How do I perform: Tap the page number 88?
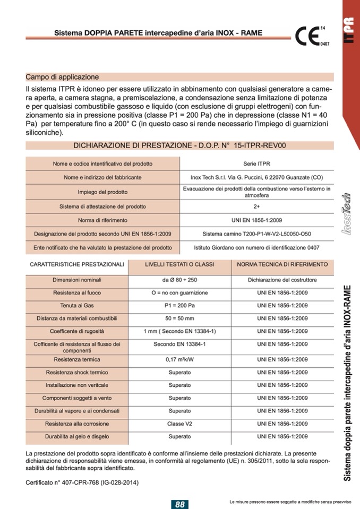coord(180,504)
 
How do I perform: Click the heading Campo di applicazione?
coord(62,77)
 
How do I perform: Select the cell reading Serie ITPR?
coord(256,163)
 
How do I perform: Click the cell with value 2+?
coord(256,206)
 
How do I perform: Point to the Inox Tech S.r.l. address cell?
coord(256,177)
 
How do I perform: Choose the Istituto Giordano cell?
coord(256,247)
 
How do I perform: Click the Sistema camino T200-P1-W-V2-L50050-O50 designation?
coord(256,234)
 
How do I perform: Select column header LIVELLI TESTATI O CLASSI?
coord(179,264)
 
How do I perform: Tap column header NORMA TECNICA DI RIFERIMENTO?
coord(282,264)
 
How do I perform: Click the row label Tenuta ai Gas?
coord(77,306)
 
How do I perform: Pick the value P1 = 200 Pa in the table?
coord(179,306)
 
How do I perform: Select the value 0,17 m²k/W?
coord(179,359)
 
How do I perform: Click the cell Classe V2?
coord(179,424)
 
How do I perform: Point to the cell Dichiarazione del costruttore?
coord(282,280)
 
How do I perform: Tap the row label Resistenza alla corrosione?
coord(77,424)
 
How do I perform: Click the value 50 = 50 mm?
coord(179,318)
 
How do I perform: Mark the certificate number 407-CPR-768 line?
coord(84,482)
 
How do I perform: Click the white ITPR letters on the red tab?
coord(349,33)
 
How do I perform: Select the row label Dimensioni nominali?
coord(77,280)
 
